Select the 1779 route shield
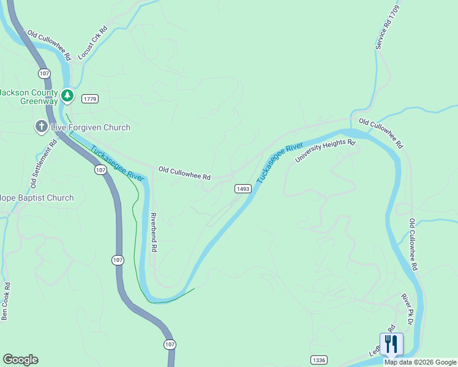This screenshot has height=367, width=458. (x=90, y=98)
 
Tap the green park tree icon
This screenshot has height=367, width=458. (x=67, y=95)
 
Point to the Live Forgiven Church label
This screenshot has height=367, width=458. (x=90, y=127)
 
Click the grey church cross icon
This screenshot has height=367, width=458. (x=41, y=127)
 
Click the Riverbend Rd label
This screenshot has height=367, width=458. (x=154, y=233)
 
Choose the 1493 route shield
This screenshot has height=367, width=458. (x=242, y=189)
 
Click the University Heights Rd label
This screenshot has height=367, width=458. (x=325, y=151)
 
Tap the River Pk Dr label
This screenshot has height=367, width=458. (x=408, y=310)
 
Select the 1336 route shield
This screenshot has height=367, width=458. (x=318, y=360)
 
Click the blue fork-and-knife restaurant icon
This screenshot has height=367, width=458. (x=391, y=344)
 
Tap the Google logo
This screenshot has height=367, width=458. (x=20, y=360)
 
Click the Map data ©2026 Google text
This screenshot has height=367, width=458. (x=420, y=362)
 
